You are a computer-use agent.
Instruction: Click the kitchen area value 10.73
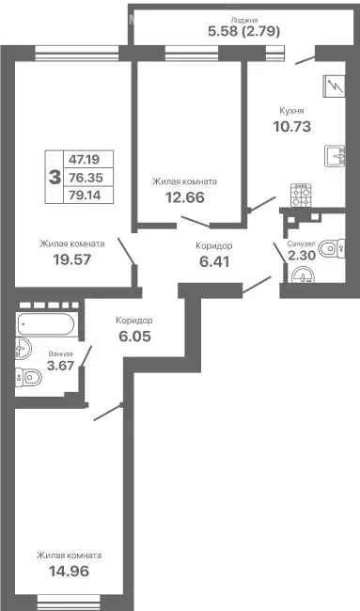point(291,126)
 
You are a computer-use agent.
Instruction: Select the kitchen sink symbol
point(337,155)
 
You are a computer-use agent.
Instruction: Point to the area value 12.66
point(185,197)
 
